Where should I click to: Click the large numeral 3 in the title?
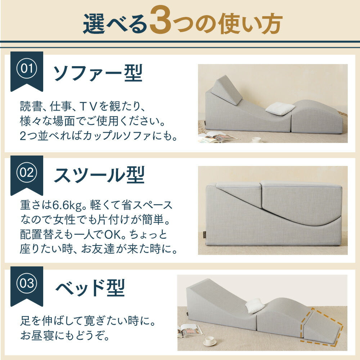pyautogui.click(x=161, y=20)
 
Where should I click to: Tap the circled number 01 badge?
pyautogui.click(x=27, y=68)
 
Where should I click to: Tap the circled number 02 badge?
pyautogui.click(x=27, y=172)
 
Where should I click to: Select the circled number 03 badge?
pyautogui.click(x=27, y=283)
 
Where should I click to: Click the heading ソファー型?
pyautogui.click(x=98, y=73)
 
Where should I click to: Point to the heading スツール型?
pyautogui.click(x=99, y=175)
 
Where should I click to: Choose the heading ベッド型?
pyautogui.click(x=90, y=287)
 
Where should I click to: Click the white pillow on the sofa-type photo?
pyautogui.click(x=280, y=108)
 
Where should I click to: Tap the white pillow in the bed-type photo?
pyautogui.click(x=255, y=305)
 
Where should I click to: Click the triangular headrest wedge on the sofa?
pyautogui.click(x=226, y=90)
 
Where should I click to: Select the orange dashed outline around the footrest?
pyautogui.click(x=321, y=327)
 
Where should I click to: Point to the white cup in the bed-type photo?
pyautogui.click(x=210, y=341)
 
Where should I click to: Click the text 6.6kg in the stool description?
pyautogui.click(x=67, y=205)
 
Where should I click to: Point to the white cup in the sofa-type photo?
pyautogui.click(x=256, y=140)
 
